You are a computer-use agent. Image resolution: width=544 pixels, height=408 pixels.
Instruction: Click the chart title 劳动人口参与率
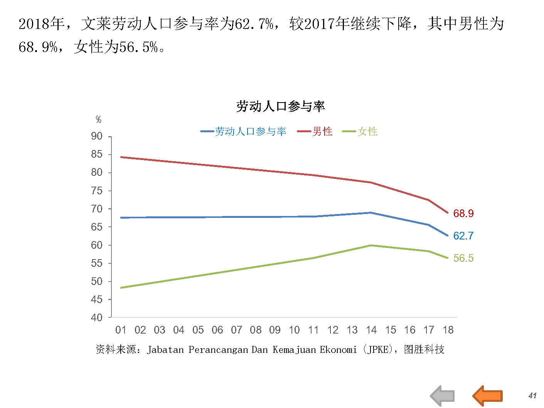click(x=280, y=106)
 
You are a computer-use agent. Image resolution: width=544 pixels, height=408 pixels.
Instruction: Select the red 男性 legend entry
click(x=322, y=132)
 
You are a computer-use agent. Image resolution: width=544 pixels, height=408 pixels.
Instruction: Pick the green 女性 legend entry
click(x=367, y=132)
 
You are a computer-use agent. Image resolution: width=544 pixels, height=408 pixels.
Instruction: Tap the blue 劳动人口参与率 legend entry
click(x=250, y=132)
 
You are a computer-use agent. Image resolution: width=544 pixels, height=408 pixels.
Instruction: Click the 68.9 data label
click(x=463, y=213)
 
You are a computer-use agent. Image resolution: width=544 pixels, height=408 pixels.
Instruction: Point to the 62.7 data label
click(x=463, y=236)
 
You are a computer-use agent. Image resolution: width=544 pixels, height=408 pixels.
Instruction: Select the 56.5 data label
click(x=463, y=258)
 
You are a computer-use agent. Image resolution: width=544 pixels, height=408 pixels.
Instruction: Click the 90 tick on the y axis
click(x=97, y=136)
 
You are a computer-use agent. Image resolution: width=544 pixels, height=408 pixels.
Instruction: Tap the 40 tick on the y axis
click(x=97, y=317)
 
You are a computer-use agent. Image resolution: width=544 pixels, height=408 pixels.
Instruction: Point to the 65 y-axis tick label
click(x=97, y=227)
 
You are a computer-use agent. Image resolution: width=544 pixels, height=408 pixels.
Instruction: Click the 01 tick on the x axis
click(x=121, y=330)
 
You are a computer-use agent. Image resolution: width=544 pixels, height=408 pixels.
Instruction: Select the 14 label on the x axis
click(x=371, y=330)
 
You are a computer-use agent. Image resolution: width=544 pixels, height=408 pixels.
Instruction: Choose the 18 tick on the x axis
click(x=448, y=330)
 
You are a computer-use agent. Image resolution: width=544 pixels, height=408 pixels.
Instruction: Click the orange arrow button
click(x=488, y=396)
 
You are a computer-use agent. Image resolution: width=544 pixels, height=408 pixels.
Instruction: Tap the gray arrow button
click(x=443, y=396)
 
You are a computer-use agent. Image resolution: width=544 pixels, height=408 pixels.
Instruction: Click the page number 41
click(x=532, y=396)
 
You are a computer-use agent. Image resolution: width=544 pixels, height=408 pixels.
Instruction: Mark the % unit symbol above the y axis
click(x=98, y=120)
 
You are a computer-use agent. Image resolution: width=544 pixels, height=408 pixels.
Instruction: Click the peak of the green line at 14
click(x=371, y=245)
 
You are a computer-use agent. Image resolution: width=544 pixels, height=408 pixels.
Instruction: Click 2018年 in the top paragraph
click(x=41, y=24)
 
